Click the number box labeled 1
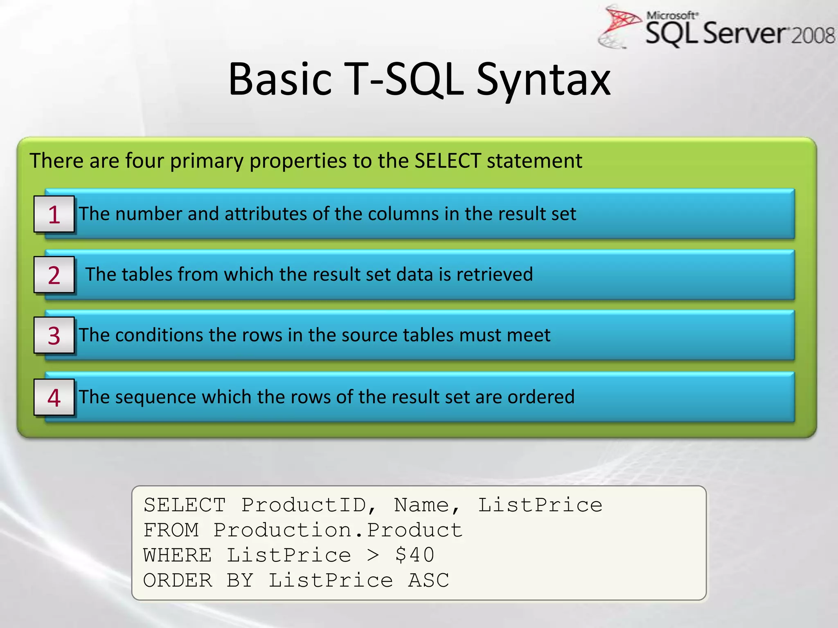(54, 214)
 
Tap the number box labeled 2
(54, 275)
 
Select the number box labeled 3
(54, 335)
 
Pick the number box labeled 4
(54, 397)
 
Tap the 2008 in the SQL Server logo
(813, 36)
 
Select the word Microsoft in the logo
(671, 16)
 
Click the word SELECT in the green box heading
(447, 161)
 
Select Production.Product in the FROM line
(338, 530)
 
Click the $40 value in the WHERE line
(414, 555)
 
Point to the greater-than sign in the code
(373, 556)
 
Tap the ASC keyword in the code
(428, 581)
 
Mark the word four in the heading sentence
(144, 161)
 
